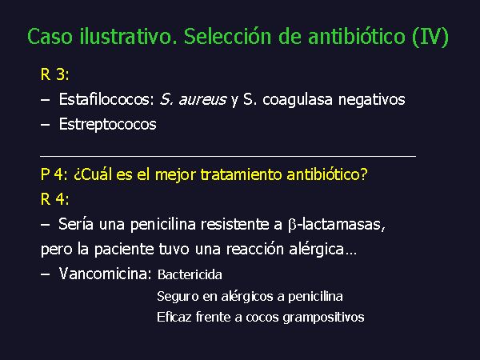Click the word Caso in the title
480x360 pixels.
click(x=50, y=37)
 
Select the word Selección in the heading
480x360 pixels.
click(x=228, y=37)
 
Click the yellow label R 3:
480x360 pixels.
click(x=54, y=74)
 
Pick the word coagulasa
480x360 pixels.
click(x=298, y=100)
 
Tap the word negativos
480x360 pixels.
click(x=372, y=100)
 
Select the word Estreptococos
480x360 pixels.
click(x=107, y=125)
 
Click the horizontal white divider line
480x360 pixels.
click(x=228, y=157)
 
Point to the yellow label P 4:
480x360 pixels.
click(x=54, y=174)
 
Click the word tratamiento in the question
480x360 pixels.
click(x=241, y=174)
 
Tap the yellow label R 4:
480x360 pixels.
click(x=54, y=199)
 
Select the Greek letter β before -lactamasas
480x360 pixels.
click(x=292, y=225)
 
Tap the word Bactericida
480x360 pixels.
click(x=190, y=274)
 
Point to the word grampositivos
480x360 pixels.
click(x=323, y=318)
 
